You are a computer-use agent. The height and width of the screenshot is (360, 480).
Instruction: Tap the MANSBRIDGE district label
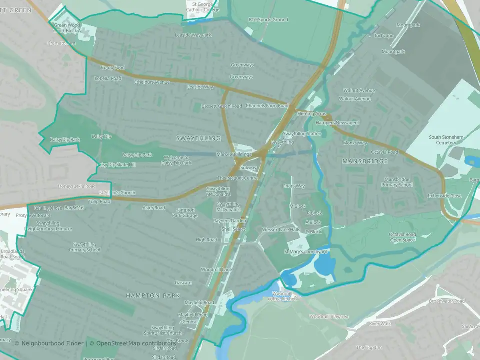click(365, 162)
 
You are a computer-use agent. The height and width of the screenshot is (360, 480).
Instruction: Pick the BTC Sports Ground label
click(268, 20)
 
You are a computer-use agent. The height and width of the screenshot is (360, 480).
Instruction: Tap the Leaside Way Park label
click(193, 35)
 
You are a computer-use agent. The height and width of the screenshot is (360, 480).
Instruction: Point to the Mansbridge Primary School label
click(398, 182)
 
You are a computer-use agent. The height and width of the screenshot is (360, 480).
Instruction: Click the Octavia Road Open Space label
click(403, 237)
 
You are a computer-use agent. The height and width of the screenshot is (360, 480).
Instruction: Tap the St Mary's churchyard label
click(306, 251)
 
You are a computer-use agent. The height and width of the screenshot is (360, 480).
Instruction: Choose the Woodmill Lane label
click(216, 270)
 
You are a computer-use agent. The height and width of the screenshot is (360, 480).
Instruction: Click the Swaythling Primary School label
click(85, 247)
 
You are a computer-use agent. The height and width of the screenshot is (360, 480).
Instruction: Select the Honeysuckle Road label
click(76, 186)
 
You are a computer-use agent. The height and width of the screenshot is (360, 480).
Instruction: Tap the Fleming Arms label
click(312, 114)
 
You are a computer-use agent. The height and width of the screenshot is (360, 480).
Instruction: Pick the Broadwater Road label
click(446, 301)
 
